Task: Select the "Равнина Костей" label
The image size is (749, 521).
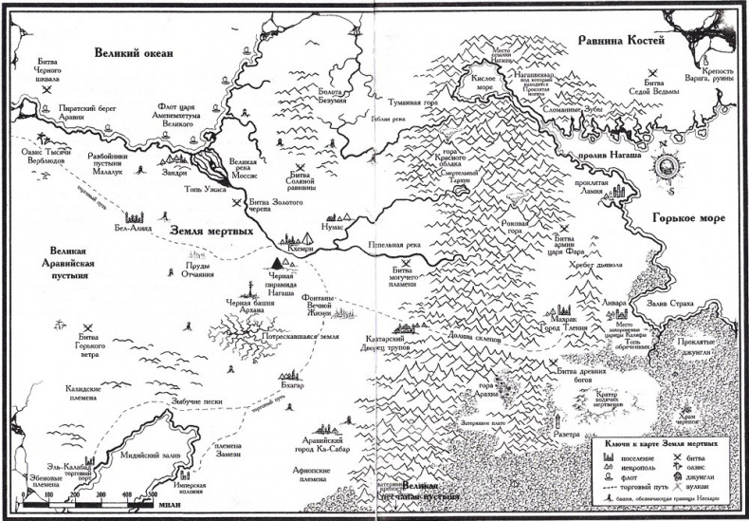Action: (623, 39)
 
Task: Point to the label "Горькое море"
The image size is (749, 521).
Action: (687, 218)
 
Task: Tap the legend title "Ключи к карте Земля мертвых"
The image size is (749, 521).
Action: (654, 442)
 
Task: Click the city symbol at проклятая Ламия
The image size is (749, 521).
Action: (621, 195)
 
